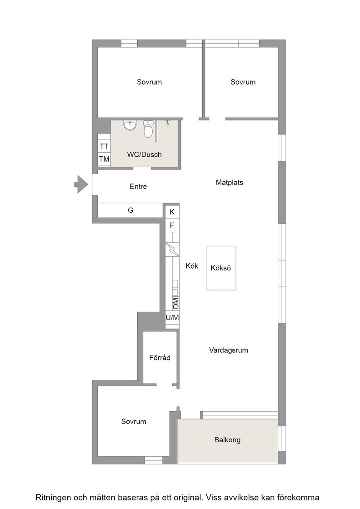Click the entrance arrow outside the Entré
pyautogui.click(x=81, y=185)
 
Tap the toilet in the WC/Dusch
pyautogui.click(x=148, y=129)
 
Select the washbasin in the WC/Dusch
pyautogui.click(x=130, y=125)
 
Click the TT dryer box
pyautogui.click(x=104, y=146)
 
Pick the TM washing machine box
pyautogui.click(x=104, y=159)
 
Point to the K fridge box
pyautogui.click(x=172, y=212)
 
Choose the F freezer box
pyautogui.click(x=172, y=225)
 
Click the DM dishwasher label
pyautogui.click(x=175, y=304)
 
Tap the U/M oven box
pyautogui.click(x=172, y=318)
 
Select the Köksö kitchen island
pyautogui.click(x=221, y=268)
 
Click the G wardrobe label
pyautogui.click(x=130, y=210)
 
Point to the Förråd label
pyautogui.click(x=160, y=357)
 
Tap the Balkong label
pyautogui.click(x=227, y=440)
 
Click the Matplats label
pyautogui.click(x=230, y=182)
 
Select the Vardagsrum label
pyautogui.click(x=229, y=350)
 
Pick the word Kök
pyautogui.click(x=192, y=266)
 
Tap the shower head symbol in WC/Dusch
pyautogui.click(x=168, y=122)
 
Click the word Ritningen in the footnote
pyautogui.click(x=53, y=497)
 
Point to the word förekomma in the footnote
pyautogui.click(x=298, y=497)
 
